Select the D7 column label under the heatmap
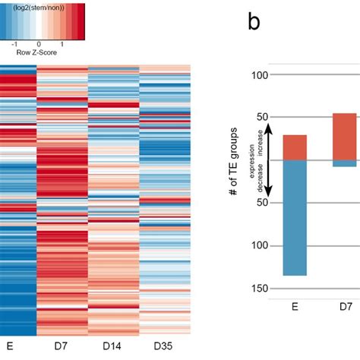point(62,346)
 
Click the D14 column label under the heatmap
point(113,346)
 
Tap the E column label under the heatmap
point(11,346)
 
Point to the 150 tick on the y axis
point(261,288)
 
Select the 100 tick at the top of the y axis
point(261,75)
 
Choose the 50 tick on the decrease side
point(264,203)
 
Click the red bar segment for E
point(295,148)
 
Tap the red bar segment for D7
point(345,137)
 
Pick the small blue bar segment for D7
point(345,164)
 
